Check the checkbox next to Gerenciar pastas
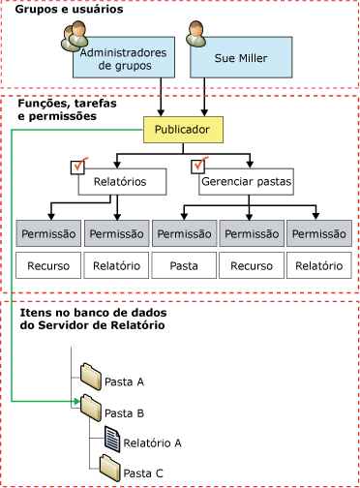(x=201, y=166)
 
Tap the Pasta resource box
(x=184, y=264)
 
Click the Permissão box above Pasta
(x=184, y=233)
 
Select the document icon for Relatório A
(x=112, y=439)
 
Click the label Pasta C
(x=142, y=473)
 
